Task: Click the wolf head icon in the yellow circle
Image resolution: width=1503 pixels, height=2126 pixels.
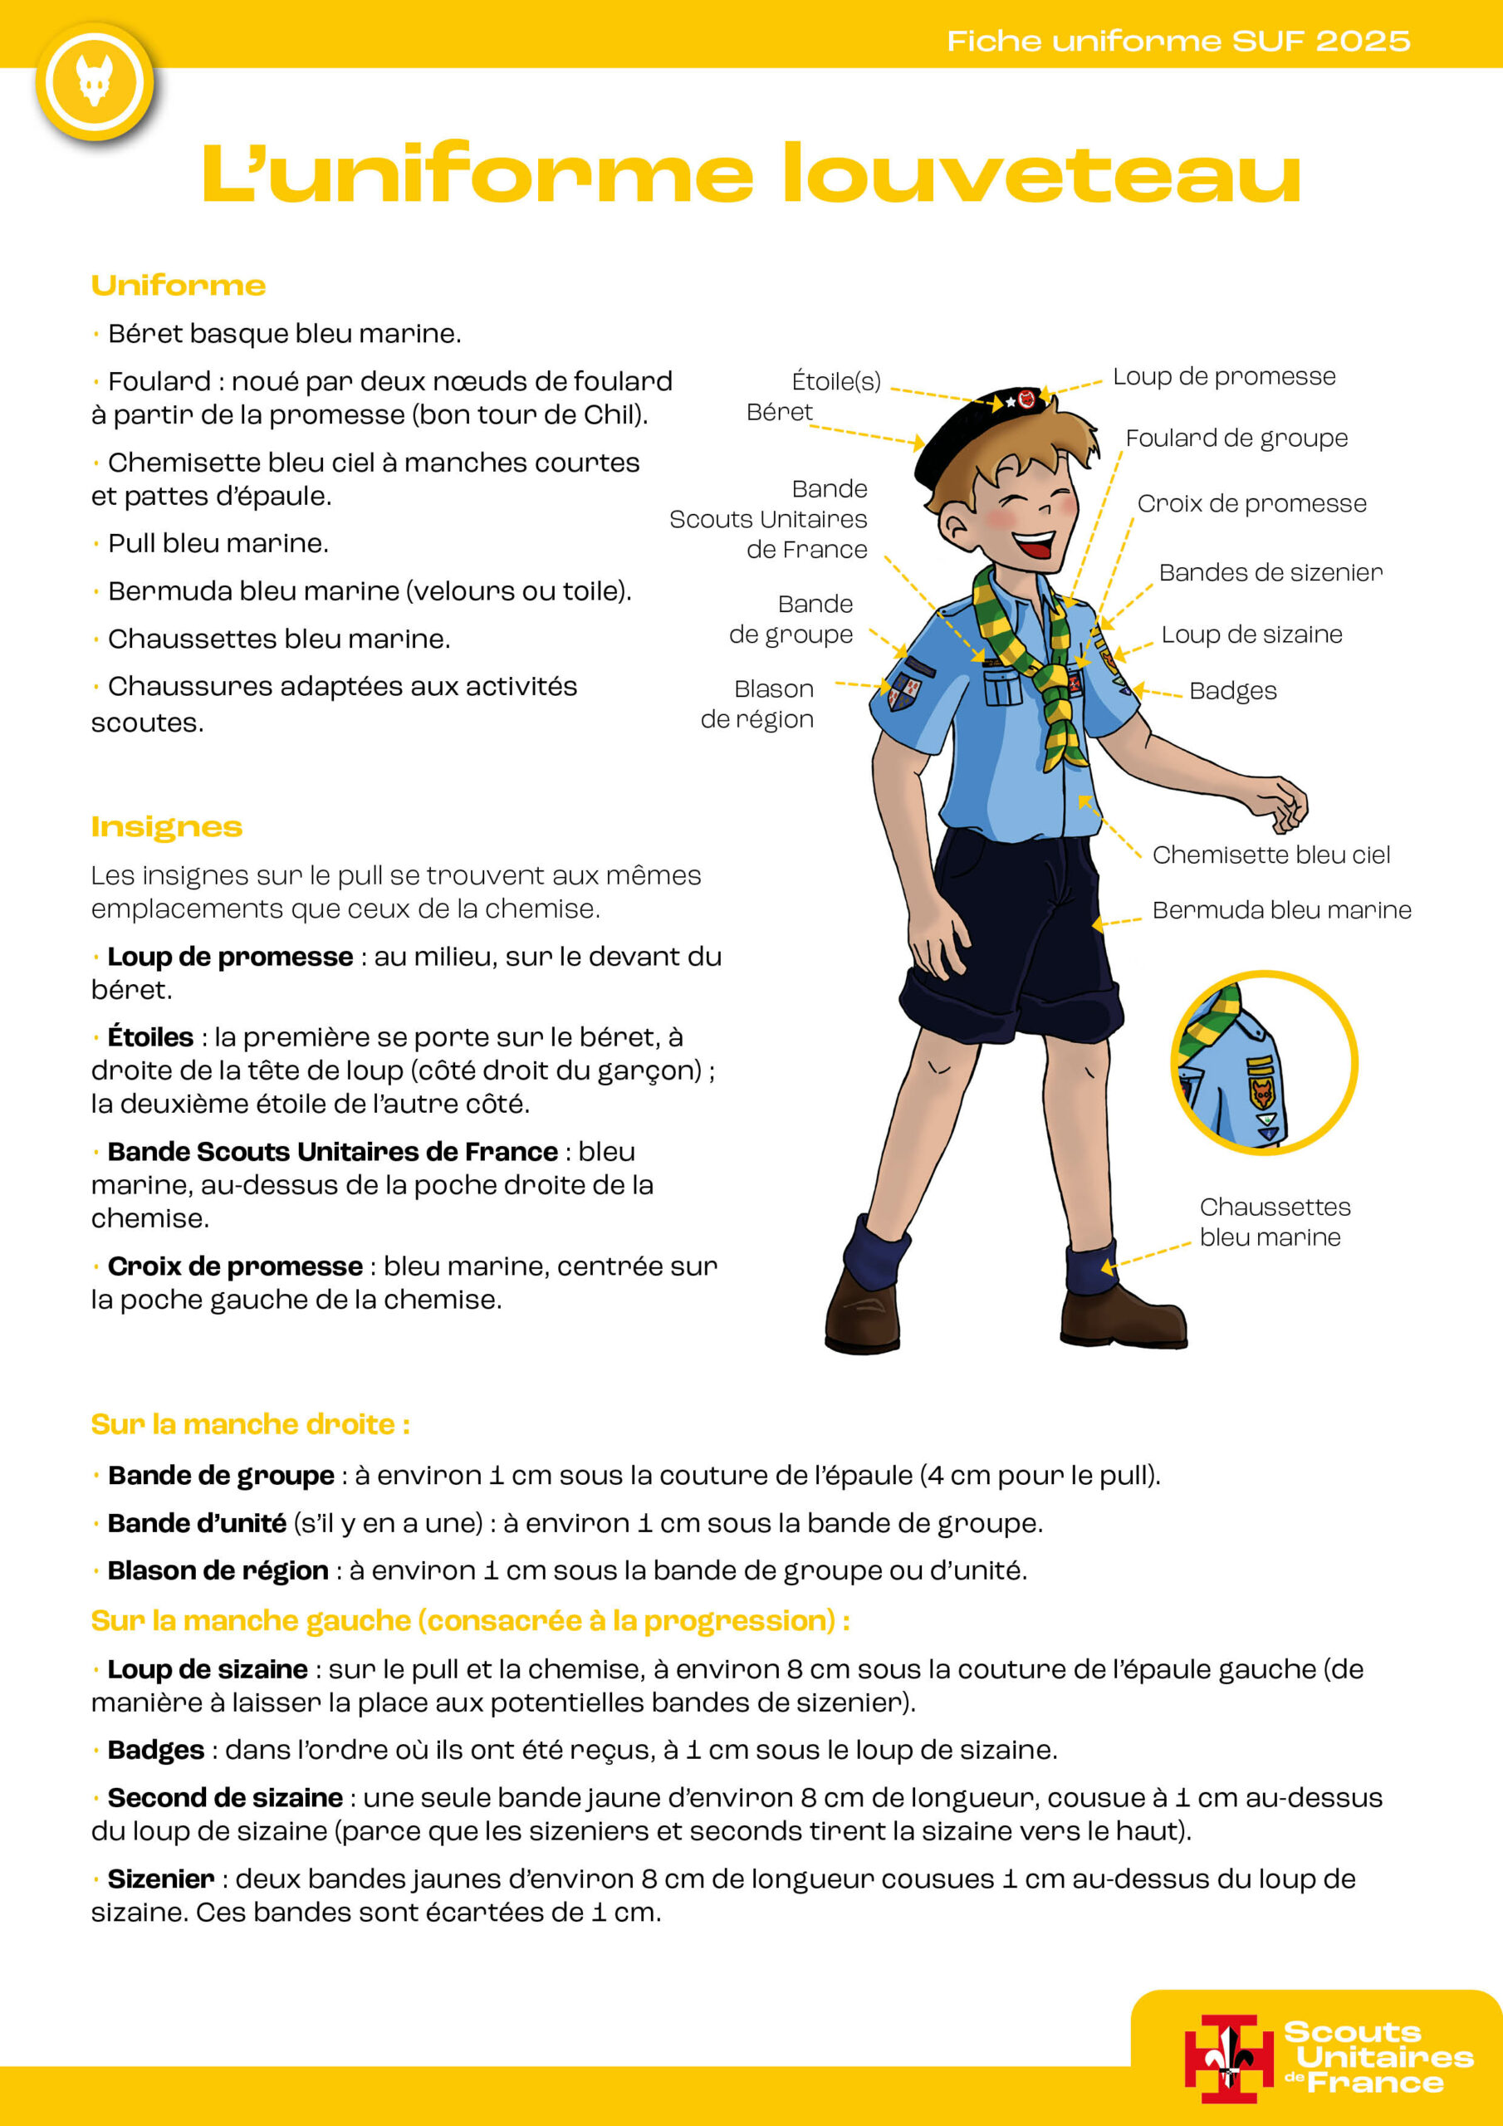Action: (95, 81)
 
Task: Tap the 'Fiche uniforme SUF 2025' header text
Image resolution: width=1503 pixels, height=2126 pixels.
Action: (1178, 41)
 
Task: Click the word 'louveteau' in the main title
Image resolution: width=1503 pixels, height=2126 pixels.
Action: (1041, 174)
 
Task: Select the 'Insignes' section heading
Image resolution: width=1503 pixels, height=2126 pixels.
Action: (167, 826)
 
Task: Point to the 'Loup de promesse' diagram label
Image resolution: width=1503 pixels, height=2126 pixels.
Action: (1223, 376)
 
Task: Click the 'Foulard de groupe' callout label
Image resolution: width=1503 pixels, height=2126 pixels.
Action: (1236, 438)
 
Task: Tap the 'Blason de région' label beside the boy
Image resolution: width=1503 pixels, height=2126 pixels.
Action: (757, 703)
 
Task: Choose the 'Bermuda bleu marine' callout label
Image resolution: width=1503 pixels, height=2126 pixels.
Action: (1281, 909)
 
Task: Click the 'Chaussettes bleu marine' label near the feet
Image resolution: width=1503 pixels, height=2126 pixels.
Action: (1275, 1222)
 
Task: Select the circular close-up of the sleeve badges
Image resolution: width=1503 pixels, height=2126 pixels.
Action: (1264, 1063)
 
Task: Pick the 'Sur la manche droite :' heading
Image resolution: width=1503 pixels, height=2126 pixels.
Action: (250, 1424)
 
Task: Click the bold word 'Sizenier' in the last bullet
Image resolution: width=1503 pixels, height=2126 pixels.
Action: (161, 1879)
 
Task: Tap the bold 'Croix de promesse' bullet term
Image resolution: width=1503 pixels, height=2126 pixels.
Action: (235, 1266)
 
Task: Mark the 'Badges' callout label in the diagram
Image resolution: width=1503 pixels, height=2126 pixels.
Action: (1232, 691)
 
